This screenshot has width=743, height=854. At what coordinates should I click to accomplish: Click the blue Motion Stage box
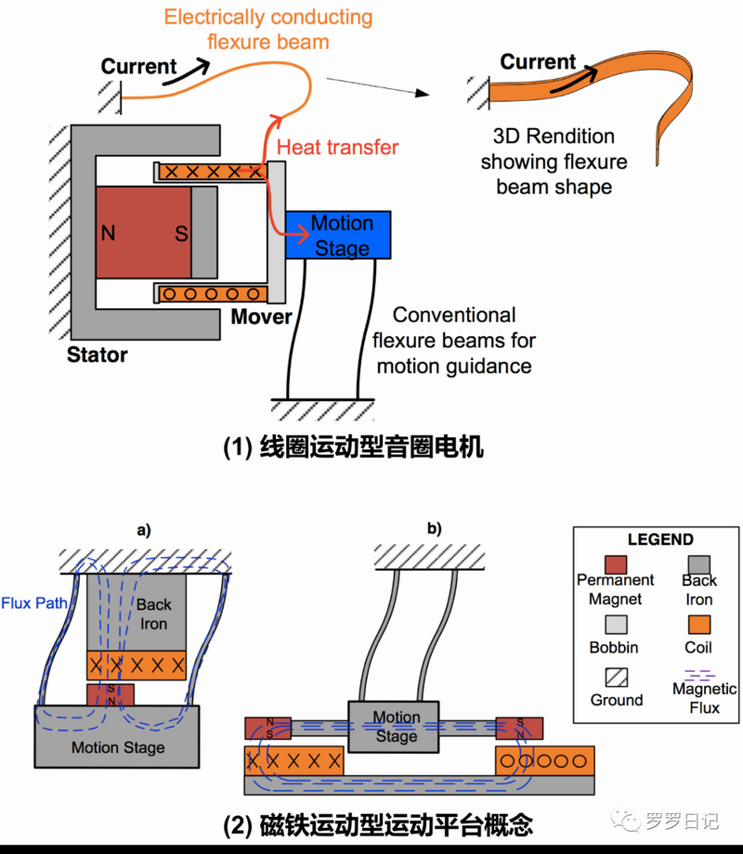338,235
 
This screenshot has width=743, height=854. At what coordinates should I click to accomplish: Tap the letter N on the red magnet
109,233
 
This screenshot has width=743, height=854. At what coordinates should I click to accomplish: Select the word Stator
98,355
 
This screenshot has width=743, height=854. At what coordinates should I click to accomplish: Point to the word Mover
261,317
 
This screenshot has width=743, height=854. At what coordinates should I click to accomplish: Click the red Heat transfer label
338,147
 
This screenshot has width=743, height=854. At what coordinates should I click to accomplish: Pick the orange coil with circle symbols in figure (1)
210,294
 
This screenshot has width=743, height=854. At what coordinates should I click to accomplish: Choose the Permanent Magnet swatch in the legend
615,563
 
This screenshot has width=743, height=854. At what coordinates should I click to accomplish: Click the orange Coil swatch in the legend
698,622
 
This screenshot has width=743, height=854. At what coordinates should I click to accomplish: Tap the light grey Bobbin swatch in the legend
615,622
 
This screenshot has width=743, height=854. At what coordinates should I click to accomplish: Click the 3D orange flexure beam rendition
594,93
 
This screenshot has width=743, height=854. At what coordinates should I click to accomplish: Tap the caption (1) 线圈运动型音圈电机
354,446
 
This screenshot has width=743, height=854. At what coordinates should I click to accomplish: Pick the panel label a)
144,532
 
